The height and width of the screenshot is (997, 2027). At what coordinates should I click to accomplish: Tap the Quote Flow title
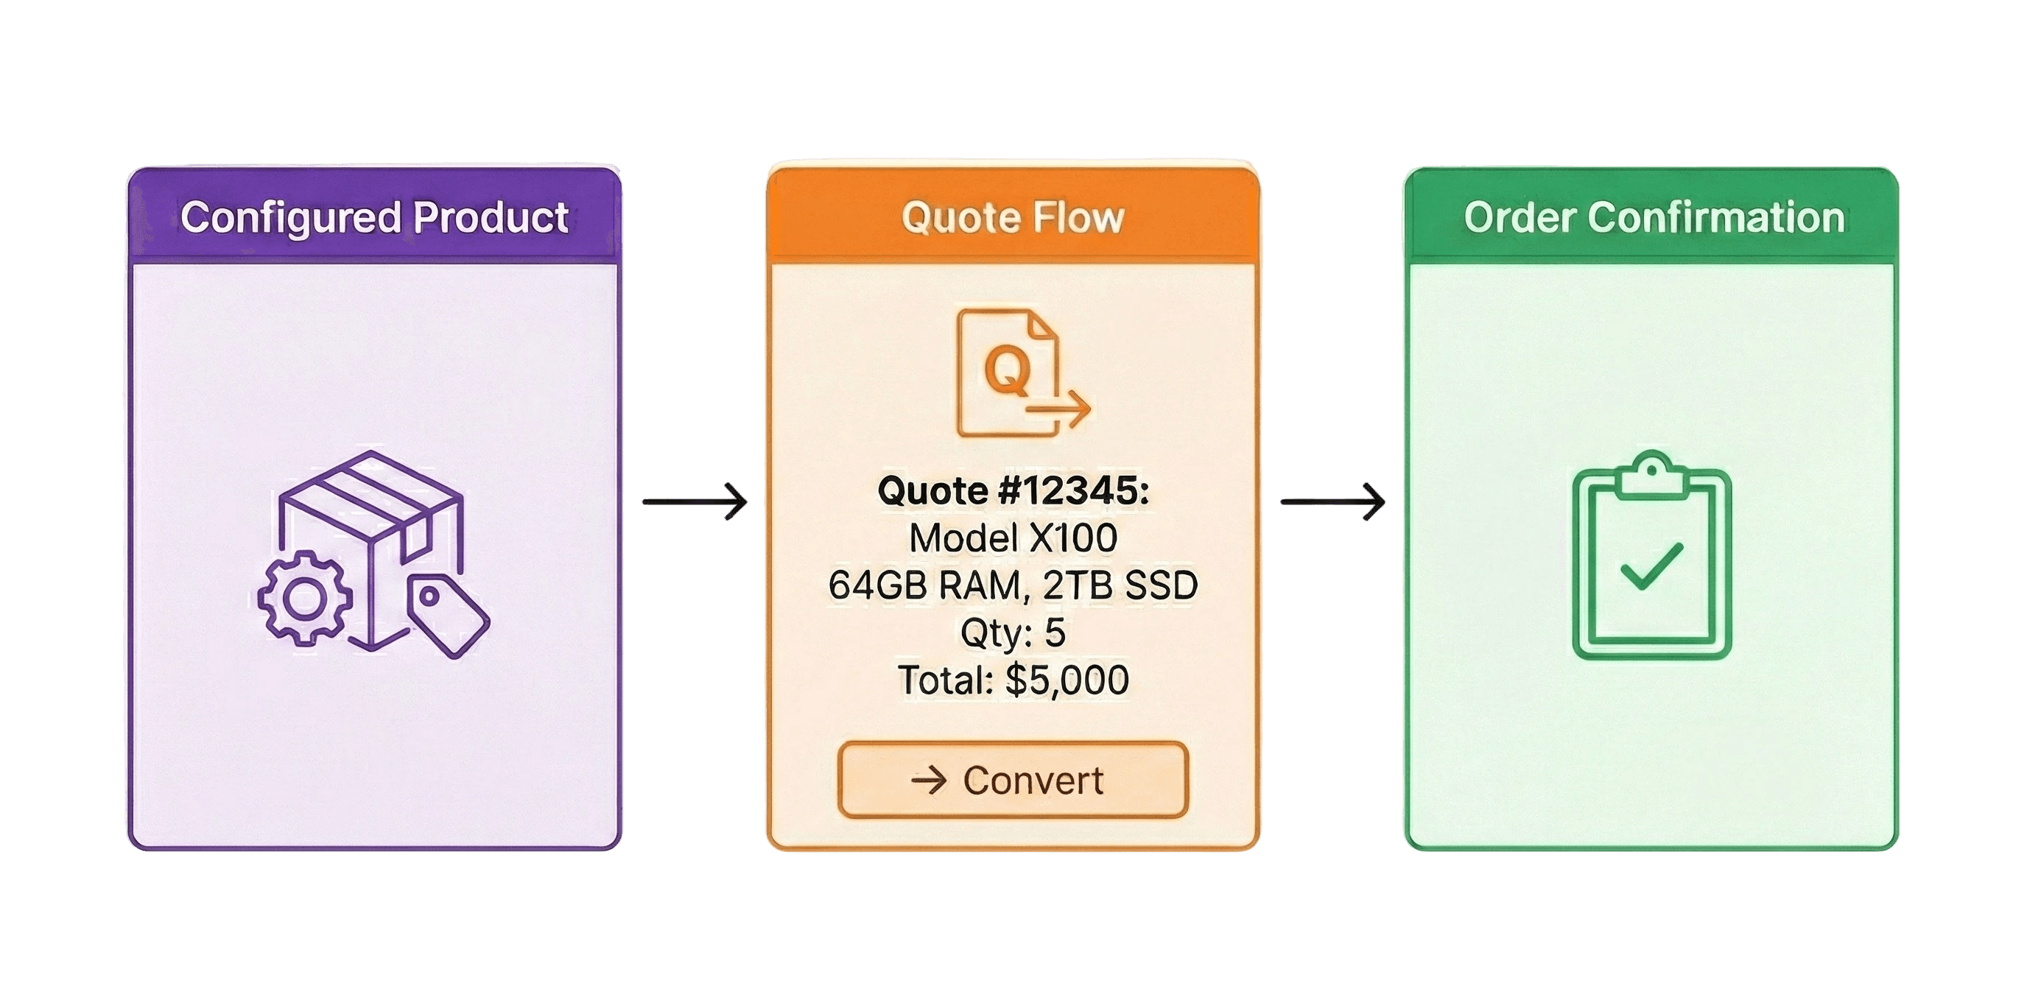pos(1013,218)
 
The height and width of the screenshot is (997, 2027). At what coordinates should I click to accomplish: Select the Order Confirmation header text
pos(1654,218)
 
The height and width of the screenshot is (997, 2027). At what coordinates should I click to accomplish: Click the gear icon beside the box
pos(304,599)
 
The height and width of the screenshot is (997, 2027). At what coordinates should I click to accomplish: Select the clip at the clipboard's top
pos(1651,473)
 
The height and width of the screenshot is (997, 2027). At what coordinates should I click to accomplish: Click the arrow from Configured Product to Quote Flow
pos(695,501)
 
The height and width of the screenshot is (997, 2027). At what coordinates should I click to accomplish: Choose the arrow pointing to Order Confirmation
pos(1333,501)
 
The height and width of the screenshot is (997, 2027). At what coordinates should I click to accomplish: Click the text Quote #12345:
pos(1013,491)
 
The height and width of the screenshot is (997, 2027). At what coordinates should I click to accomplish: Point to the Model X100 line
pos(1013,538)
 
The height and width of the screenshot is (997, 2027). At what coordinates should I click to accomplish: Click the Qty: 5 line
pos(1013,633)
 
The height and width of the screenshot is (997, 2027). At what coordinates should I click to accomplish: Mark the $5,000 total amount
pos(1067,680)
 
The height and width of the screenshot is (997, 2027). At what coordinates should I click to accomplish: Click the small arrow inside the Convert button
pos(929,781)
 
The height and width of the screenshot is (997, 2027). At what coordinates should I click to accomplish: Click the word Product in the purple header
pos(491,218)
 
